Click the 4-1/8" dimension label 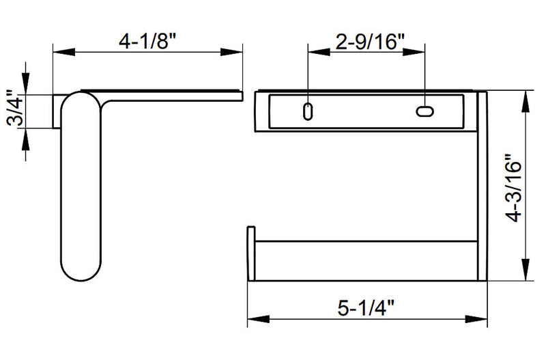(x=147, y=40)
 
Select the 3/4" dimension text (x=14, y=109)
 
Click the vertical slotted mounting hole (x=308, y=111)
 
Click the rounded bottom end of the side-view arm (x=81, y=270)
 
